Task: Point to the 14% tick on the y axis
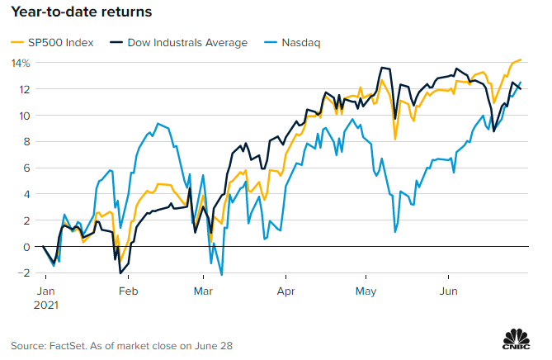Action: (x=21, y=63)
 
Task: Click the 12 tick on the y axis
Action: (x=24, y=89)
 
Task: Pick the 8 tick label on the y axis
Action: (x=26, y=141)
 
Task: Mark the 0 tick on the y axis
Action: (x=26, y=246)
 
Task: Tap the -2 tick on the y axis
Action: (x=24, y=272)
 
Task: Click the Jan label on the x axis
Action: (x=46, y=291)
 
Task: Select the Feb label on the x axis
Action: (x=127, y=291)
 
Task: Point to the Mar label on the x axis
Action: (x=203, y=291)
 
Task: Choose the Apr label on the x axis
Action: (x=285, y=291)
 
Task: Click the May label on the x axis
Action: (x=366, y=291)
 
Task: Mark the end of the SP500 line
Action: (x=521, y=59)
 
